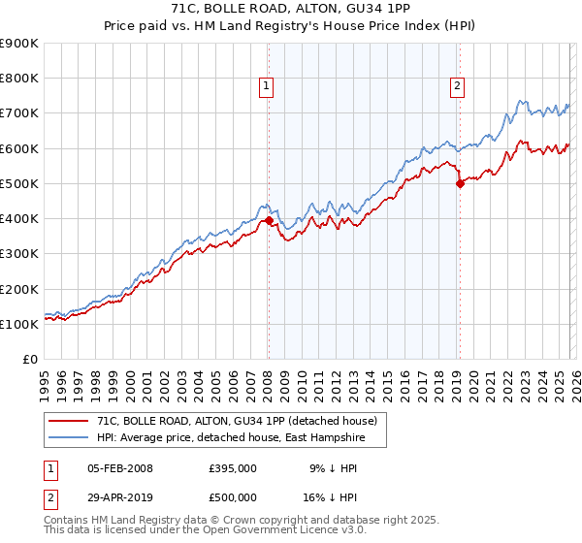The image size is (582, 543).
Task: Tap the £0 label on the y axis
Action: [29, 360]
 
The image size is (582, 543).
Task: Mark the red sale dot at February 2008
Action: [269, 221]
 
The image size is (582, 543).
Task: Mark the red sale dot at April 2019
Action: [460, 184]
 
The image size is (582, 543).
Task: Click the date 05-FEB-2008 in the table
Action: [120, 468]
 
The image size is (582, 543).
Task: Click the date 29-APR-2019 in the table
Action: [120, 495]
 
